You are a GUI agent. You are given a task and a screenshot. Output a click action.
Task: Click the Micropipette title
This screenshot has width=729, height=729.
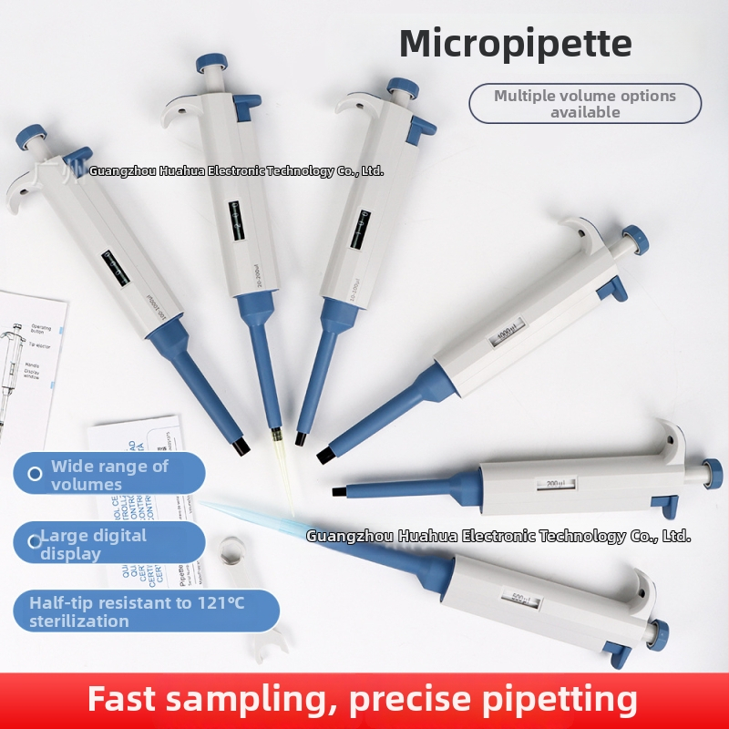coord(515,43)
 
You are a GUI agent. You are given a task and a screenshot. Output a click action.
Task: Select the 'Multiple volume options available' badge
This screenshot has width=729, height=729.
coord(584,103)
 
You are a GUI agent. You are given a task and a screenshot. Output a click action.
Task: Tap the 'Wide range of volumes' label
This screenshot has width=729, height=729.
coord(109,474)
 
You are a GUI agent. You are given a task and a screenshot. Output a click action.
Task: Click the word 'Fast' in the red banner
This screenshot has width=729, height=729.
coord(127,700)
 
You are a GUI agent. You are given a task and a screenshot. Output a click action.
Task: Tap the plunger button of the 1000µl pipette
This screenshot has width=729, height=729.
coord(635,241)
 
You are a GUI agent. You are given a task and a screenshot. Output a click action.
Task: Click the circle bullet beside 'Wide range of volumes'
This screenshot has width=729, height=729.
coord(35,474)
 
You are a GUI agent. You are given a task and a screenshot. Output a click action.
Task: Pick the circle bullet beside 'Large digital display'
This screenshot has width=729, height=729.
coord(35,541)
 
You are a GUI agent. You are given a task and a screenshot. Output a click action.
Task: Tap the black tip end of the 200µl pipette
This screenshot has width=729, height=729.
coord(338,491)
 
